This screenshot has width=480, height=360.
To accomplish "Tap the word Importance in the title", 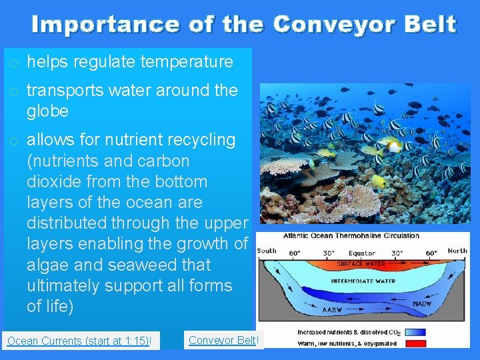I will (105, 25).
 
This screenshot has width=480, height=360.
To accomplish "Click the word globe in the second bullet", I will (47, 111).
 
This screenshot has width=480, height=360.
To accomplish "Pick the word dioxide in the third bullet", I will (51, 181).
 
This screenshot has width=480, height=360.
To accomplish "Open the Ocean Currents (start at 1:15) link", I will (79, 341).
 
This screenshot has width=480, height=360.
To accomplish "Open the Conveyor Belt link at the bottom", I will (223, 340).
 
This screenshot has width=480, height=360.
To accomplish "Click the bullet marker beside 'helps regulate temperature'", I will (13, 63).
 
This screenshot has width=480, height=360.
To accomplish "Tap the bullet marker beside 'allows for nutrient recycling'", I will (13, 141).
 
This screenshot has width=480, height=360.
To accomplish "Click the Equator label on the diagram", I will (362, 253).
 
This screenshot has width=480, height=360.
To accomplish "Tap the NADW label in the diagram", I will (421, 304).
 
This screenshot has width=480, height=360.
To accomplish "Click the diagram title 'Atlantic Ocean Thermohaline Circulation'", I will (351, 235).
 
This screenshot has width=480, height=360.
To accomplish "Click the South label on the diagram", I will (267, 251).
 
